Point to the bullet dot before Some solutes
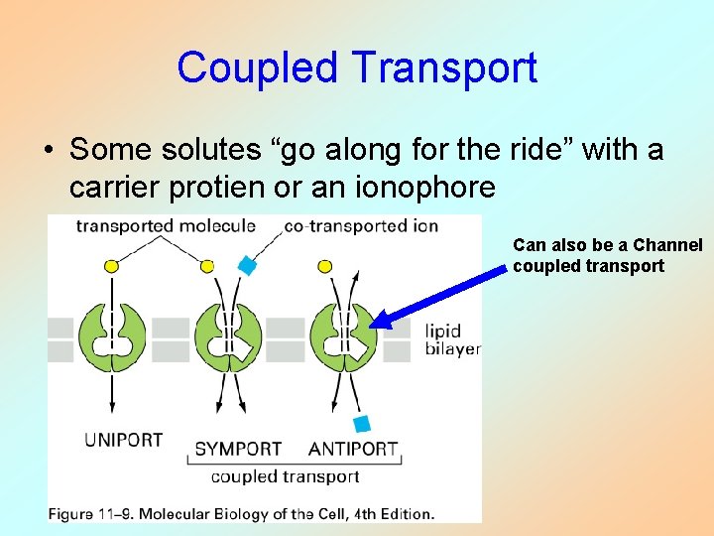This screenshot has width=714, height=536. [x=48, y=151]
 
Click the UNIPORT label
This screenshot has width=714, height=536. [x=123, y=440]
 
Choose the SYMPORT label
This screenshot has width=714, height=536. [x=238, y=449]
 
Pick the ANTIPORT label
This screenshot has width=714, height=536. [x=353, y=449]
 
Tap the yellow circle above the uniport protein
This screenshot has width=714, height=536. [x=112, y=266]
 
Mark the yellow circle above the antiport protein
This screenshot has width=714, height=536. [x=324, y=266]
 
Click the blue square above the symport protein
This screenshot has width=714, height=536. [x=247, y=265]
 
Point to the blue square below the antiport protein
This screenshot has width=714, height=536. [x=362, y=424]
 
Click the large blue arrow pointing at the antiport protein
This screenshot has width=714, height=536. [x=441, y=294]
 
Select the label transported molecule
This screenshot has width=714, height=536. [x=166, y=226]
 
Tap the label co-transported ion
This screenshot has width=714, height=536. [x=360, y=226]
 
